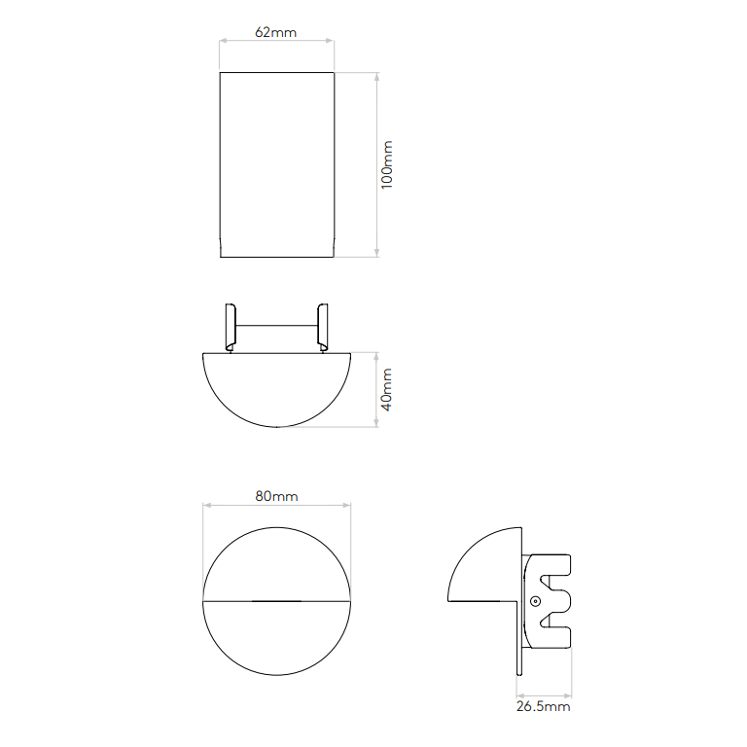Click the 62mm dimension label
[x=276, y=32]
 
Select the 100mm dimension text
[x=387, y=164]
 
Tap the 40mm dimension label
[x=386, y=390]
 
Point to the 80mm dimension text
[x=276, y=496]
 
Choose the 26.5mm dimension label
[x=543, y=706]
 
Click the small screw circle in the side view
[x=536, y=602]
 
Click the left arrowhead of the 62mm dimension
[x=223, y=41]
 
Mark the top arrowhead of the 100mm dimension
[x=376, y=76]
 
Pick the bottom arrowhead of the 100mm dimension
[x=376, y=254]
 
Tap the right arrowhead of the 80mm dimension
[x=347, y=506]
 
